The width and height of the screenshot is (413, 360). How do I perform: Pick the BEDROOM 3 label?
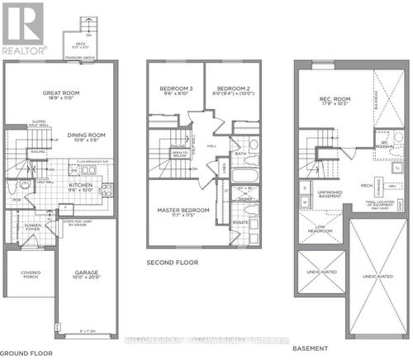tap(176, 90)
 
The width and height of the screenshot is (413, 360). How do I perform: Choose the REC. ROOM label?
tap(336, 101)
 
